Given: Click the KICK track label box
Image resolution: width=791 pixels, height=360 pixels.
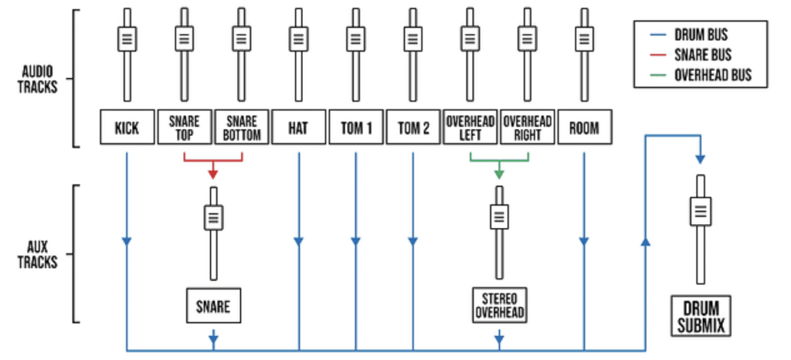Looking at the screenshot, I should coord(127,127).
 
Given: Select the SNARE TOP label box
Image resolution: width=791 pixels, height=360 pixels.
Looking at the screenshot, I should coord(184,127).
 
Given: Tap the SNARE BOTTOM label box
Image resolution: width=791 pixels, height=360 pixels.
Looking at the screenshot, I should coord(241,127).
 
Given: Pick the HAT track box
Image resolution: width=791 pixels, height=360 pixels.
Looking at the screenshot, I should coord(298,127).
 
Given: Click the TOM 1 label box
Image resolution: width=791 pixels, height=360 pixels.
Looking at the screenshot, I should coord(355,127).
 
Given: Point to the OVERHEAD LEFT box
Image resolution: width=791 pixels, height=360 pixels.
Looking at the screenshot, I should coord(470,127).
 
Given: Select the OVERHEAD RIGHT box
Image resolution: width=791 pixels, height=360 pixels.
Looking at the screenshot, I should coord(527,127).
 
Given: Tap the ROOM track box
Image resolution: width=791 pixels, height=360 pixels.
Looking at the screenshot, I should coord(584,127).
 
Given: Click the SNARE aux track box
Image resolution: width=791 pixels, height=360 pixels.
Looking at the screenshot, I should coord(213,306).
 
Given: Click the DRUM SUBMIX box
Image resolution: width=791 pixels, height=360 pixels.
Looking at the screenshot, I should coord(700,317).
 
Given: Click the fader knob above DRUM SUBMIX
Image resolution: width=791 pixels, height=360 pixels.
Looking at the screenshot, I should coord(700,209).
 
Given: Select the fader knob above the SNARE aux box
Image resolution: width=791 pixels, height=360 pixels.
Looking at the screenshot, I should coord(213,217).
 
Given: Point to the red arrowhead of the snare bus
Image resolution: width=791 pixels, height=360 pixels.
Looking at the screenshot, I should coord(213,174).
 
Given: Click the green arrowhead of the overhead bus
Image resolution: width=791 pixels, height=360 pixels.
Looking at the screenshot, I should coord(499,174).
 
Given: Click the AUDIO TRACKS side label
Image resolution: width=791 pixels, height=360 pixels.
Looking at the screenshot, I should coord(38,79).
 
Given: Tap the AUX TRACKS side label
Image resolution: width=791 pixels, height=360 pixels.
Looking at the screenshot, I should coord(38,254).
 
